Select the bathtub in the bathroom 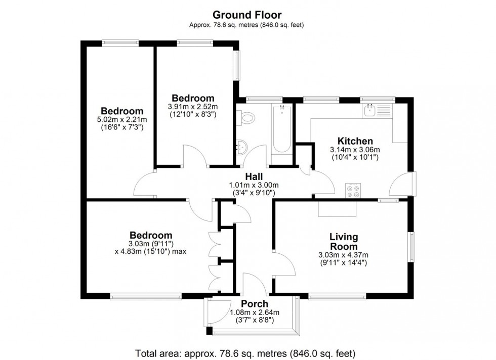[x=281, y=129]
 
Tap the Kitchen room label [x=355, y=141]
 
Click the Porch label [x=254, y=303]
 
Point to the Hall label [x=254, y=176]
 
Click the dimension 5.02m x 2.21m [x=121, y=120]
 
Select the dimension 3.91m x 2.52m [x=192, y=107]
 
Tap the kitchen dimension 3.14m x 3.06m [x=355, y=150]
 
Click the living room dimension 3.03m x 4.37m [x=343, y=254]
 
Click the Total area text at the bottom [x=245, y=352]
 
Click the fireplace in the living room [x=337, y=209]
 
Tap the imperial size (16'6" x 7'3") [x=121, y=128]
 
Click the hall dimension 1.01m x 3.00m [x=254, y=185]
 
